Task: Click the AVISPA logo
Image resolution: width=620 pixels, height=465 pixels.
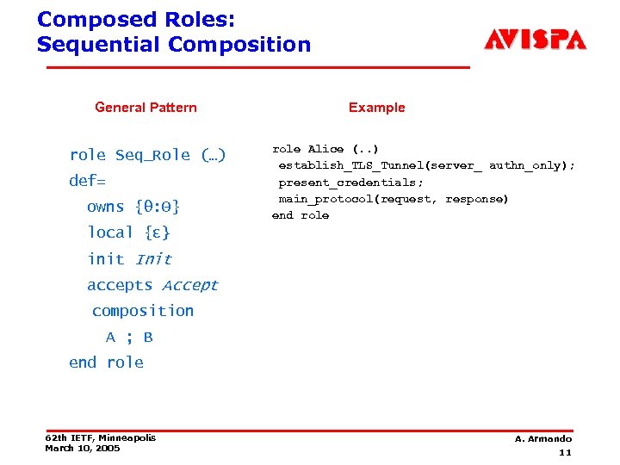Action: point(535,40)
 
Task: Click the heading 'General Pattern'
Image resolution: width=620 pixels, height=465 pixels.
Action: point(146,108)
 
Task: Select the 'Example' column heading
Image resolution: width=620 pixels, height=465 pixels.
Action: point(376,108)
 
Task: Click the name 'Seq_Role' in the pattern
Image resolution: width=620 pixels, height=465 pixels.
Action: point(152,155)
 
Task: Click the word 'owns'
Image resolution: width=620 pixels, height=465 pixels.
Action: point(106,207)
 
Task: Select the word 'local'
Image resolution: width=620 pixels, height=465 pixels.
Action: point(110,232)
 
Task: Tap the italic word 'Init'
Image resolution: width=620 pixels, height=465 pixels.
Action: point(153,258)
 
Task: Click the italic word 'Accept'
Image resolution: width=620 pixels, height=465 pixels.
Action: point(189,285)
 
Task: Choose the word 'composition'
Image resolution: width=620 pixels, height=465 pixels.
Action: point(143,311)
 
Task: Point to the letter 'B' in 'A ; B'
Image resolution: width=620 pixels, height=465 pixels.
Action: point(148,338)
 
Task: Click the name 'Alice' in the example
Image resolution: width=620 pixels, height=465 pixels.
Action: point(325,149)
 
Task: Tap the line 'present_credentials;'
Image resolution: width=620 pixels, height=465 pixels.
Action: point(350,183)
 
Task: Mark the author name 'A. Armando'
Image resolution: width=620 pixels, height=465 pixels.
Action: point(542,439)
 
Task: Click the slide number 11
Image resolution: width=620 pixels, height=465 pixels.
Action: point(565,452)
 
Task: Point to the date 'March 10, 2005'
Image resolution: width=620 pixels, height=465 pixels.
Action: point(83,449)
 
